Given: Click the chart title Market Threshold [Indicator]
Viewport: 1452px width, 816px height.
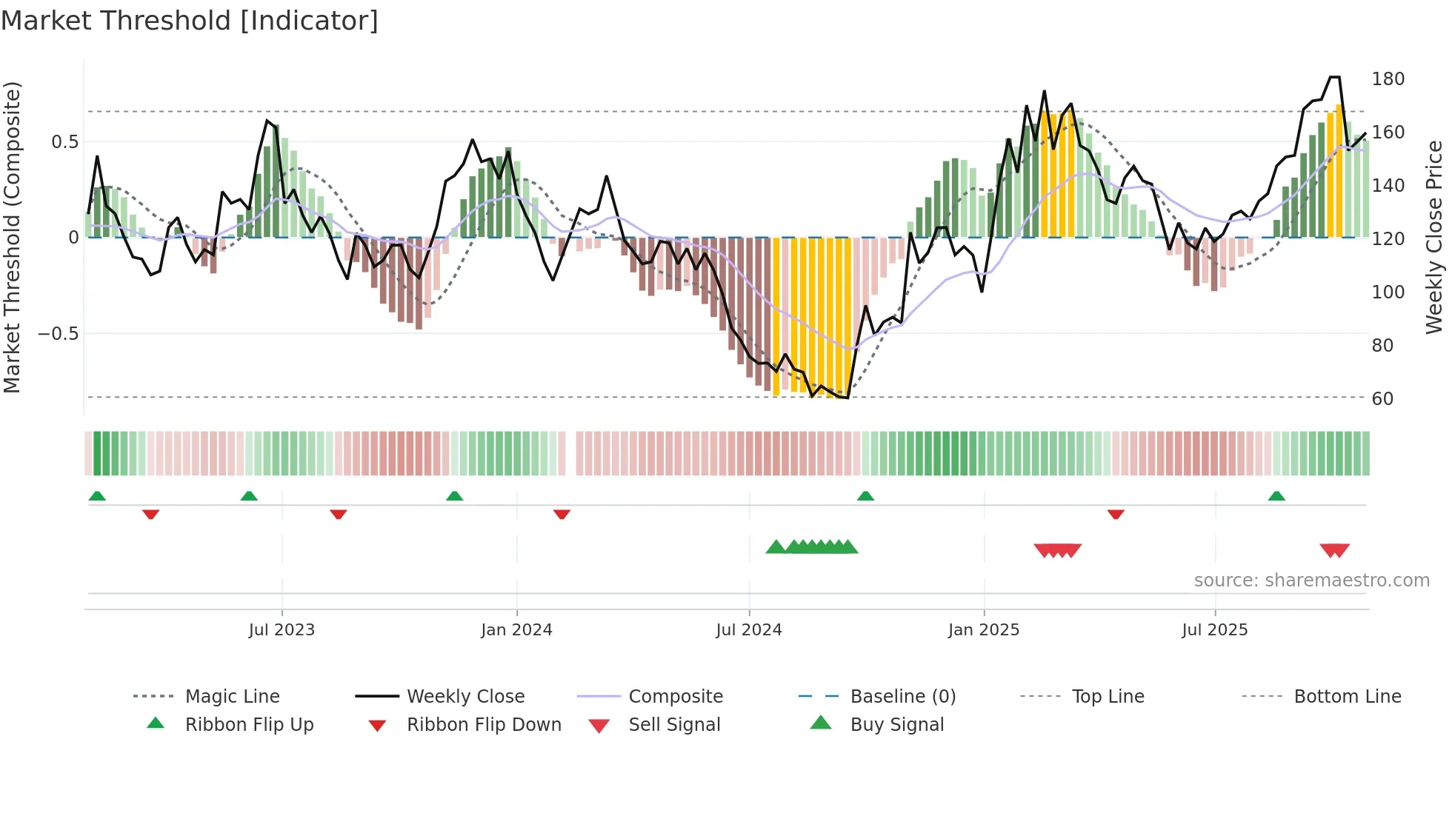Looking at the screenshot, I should pyautogui.click(x=190, y=21).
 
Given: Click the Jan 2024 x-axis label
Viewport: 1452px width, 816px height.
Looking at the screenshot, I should pyautogui.click(x=516, y=630).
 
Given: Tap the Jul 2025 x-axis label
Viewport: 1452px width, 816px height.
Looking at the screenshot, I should pyautogui.click(x=1214, y=630).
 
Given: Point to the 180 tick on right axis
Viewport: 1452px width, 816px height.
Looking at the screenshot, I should pyautogui.click(x=1388, y=79).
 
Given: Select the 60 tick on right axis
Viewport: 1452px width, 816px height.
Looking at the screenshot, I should pyautogui.click(x=1382, y=399).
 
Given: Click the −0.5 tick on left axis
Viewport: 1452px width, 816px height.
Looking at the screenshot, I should pyautogui.click(x=59, y=334).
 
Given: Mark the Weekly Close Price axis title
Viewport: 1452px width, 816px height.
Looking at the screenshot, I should pyautogui.click(x=1434, y=237).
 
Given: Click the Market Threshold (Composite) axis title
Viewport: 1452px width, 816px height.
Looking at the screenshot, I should pyautogui.click(x=13, y=237).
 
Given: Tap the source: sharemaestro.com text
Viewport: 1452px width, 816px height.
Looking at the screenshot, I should pyautogui.click(x=1311, y=581).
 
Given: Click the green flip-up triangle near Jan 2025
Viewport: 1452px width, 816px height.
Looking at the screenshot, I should pyautogui.click(x=865, y=496).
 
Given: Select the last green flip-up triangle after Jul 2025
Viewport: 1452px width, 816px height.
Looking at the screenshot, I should pyautogui.click(x=1276, y=496).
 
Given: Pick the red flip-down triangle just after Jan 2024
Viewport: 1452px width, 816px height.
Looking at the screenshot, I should pyautogui.click(x=562, y=514).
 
